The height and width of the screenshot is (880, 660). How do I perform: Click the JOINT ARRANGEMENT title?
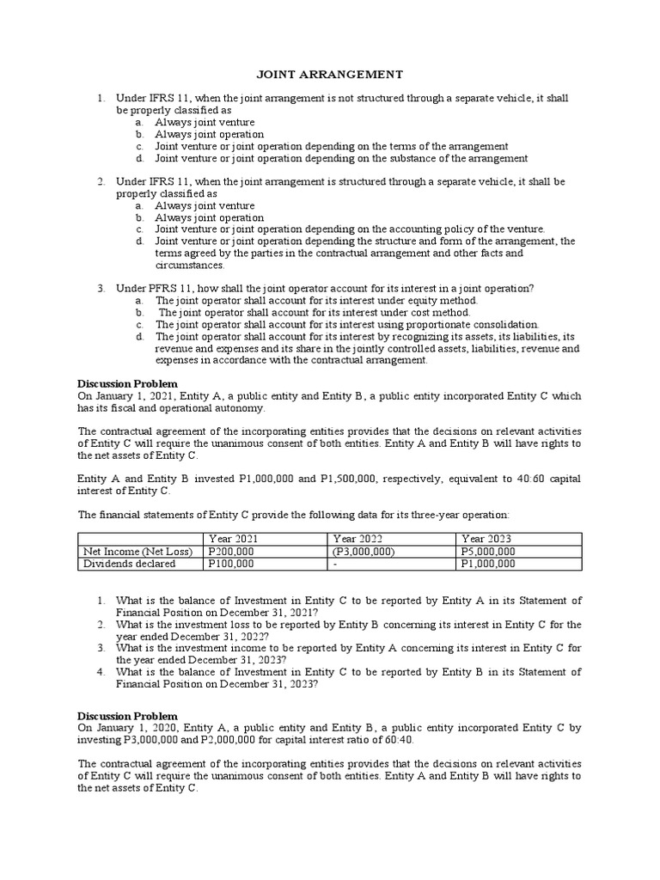(331, 75)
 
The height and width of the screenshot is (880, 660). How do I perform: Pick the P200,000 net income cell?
(231, 552)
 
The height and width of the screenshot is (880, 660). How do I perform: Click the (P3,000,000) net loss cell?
(364, 552)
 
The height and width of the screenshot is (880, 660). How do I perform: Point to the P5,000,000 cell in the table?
(488, 552)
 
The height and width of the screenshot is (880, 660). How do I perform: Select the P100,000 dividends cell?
(231, 564)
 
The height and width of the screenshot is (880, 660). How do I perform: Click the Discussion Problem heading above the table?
(127, 383)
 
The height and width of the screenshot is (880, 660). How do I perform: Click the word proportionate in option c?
(444, 325)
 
